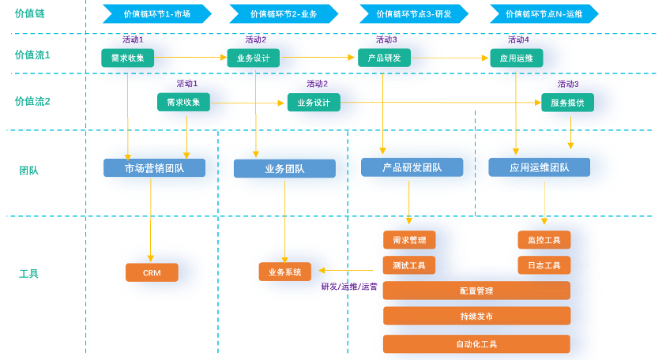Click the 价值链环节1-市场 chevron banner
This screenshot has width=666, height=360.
[x=157, y=13]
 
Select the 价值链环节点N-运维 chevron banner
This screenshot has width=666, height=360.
[x=544, y=13]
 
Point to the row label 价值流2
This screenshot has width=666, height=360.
[x=32, y=102]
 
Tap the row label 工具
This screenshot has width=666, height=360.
[x=29, y=274]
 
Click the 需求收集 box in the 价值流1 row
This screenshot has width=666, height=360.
[x=127, y=58]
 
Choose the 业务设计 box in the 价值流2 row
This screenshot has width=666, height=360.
[x=314, y=103]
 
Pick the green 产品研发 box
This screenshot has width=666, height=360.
[x=384, y=58]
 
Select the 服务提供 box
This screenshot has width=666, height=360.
[x=567, y=103]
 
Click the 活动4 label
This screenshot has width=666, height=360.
[x=518, y=39]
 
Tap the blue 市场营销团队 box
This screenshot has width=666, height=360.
[x=155, y=168]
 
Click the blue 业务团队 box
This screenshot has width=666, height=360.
[x=284, y=168]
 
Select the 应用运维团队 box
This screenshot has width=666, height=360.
[x=540, y=167]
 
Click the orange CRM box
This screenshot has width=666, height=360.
[x=152, y=272]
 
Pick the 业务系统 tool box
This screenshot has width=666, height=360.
[x=285, y=272]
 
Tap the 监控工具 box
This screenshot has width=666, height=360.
[x=544, y=240]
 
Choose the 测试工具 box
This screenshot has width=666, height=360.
[x=409, y=265]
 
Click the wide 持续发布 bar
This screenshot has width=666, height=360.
[x=476, y=316]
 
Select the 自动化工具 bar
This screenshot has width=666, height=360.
[x=476, y=344]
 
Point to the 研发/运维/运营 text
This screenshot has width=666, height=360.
[x=349, y=287]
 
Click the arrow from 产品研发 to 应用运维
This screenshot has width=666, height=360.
[x=450, y=58]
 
